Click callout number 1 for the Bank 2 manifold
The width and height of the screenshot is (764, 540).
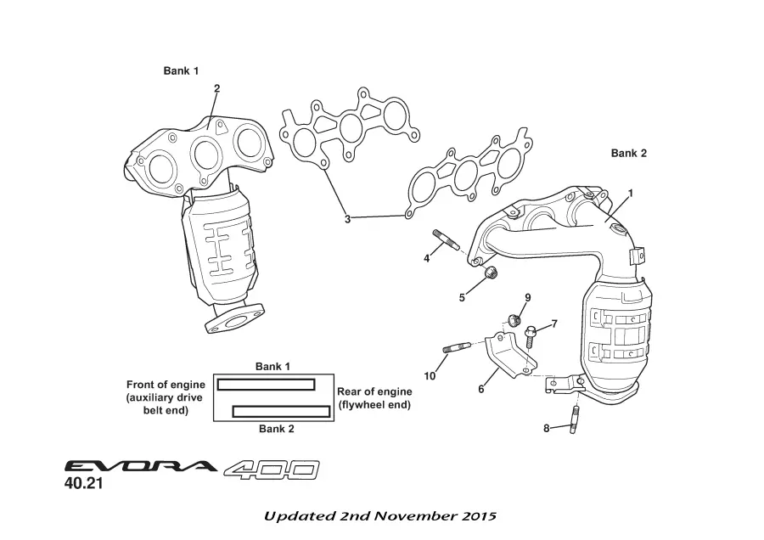(x=631, y=193)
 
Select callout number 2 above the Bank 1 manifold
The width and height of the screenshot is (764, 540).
(x=217, y=88)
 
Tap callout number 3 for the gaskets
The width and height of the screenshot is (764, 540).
(x=347, y=219)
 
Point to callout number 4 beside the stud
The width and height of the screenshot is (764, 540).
(x=427, y=258)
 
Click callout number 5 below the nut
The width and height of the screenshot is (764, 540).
(x=463, y=297)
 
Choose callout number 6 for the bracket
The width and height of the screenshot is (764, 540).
(x=480, y=389)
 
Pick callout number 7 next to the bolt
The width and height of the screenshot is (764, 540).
(x=554, y=323)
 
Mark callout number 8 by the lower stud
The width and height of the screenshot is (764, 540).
(x=547, y=428)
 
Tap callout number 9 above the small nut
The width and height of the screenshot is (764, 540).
(x=527, y=297)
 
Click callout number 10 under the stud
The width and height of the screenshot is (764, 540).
(x=430, y=375)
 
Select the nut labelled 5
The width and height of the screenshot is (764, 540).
(x=490, y=272)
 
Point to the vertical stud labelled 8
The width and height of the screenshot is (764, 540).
(x=576, y=419)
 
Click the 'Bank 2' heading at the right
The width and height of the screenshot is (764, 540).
(x=629, y=154)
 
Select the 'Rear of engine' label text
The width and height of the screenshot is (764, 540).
(x=374, y=391)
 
